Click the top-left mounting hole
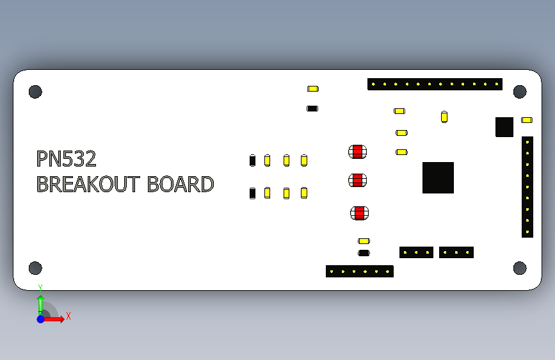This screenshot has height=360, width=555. tap(35, 92)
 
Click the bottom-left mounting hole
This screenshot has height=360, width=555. tap(35, 268)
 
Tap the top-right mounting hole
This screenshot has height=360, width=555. tap(520, 92)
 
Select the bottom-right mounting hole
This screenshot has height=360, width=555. tap(520, 268)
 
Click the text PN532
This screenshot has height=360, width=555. tap(66, 159)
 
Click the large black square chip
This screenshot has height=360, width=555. tap(438, 177)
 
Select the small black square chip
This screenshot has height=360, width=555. tap(504, 127)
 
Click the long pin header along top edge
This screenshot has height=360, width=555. tap(435, 84)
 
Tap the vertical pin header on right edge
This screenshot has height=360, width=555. tap(527, 186)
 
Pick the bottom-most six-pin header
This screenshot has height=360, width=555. tap(360, 271)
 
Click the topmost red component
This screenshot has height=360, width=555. tap(358, 152)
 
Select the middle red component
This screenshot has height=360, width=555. tap(358, 181)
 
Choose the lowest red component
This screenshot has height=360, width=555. tap(360, 213)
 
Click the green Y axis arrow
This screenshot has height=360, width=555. tap(40, 302)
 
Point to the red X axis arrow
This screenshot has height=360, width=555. tap(56, 318)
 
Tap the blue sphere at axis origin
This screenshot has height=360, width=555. tap(40, 318)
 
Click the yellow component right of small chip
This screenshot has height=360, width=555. tap(527, 120)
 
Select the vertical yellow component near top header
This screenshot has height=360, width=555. tap(444, 117)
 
